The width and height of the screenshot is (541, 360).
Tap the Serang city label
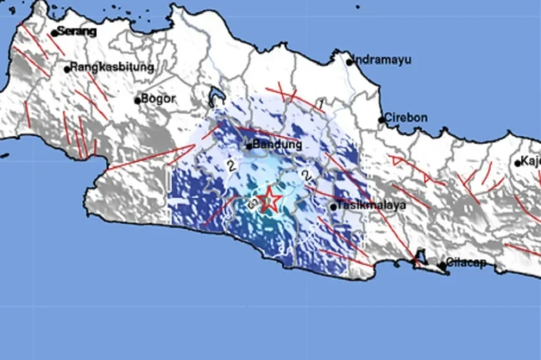77,31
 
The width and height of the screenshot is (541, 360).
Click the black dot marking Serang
54,33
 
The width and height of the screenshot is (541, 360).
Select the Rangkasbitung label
112,67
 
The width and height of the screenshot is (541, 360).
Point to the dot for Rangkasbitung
67,69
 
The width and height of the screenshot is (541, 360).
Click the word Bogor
158,99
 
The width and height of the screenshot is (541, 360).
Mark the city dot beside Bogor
137,100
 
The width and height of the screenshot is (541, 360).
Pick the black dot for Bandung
249,146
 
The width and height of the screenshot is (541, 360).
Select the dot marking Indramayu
349,62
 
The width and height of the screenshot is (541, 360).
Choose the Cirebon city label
407,118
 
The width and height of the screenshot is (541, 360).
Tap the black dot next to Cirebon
382,120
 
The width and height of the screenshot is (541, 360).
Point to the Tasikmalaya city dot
333,207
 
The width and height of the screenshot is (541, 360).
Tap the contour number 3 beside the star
252,203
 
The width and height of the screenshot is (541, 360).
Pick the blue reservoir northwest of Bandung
216,96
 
